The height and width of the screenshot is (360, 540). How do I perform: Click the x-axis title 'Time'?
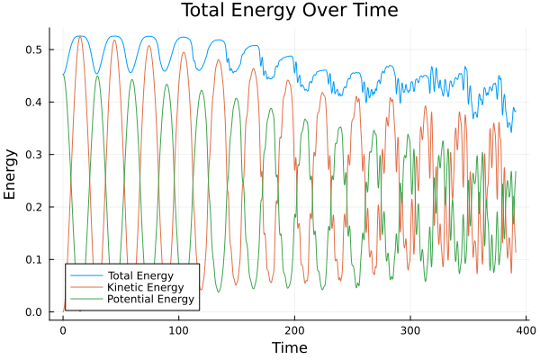(x=289, y=347)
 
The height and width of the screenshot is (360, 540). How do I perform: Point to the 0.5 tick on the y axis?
(x=32, y=49)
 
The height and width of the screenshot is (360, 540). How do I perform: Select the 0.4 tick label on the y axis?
(x=32, y=102)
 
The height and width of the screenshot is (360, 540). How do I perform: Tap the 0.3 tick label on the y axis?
(x=32, y=155)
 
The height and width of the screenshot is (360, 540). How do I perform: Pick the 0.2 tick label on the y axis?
(x=32, y=207)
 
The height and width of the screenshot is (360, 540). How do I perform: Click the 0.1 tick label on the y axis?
(x=32, y=260)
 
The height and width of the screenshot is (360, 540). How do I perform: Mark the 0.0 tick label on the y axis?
(x=32, y=312)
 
